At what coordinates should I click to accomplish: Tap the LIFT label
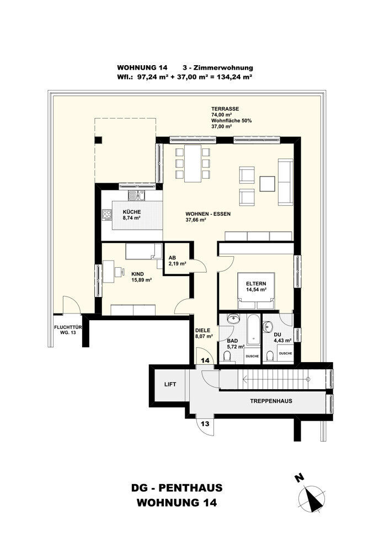pos(170,384)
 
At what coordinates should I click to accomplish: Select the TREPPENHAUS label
pos(271,401)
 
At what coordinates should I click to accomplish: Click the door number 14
pos(205,360)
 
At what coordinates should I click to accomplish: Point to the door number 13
pos(205,423)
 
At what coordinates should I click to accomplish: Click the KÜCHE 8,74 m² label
pos(132,215)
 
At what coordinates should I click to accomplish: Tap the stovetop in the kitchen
pos(106,215)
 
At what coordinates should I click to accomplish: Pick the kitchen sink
pos(136,195)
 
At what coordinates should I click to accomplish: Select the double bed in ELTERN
pos(256,291)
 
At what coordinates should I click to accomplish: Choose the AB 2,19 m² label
pos(178,260)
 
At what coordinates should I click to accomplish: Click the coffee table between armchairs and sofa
pos(268,184)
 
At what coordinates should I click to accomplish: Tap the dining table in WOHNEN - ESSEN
pos(193,163)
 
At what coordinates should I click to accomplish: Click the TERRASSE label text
pos(225,109)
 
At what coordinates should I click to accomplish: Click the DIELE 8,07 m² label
pos(204,333)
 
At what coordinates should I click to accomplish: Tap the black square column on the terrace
pos(99,140)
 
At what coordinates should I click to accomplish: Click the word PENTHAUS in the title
pos(191,488)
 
